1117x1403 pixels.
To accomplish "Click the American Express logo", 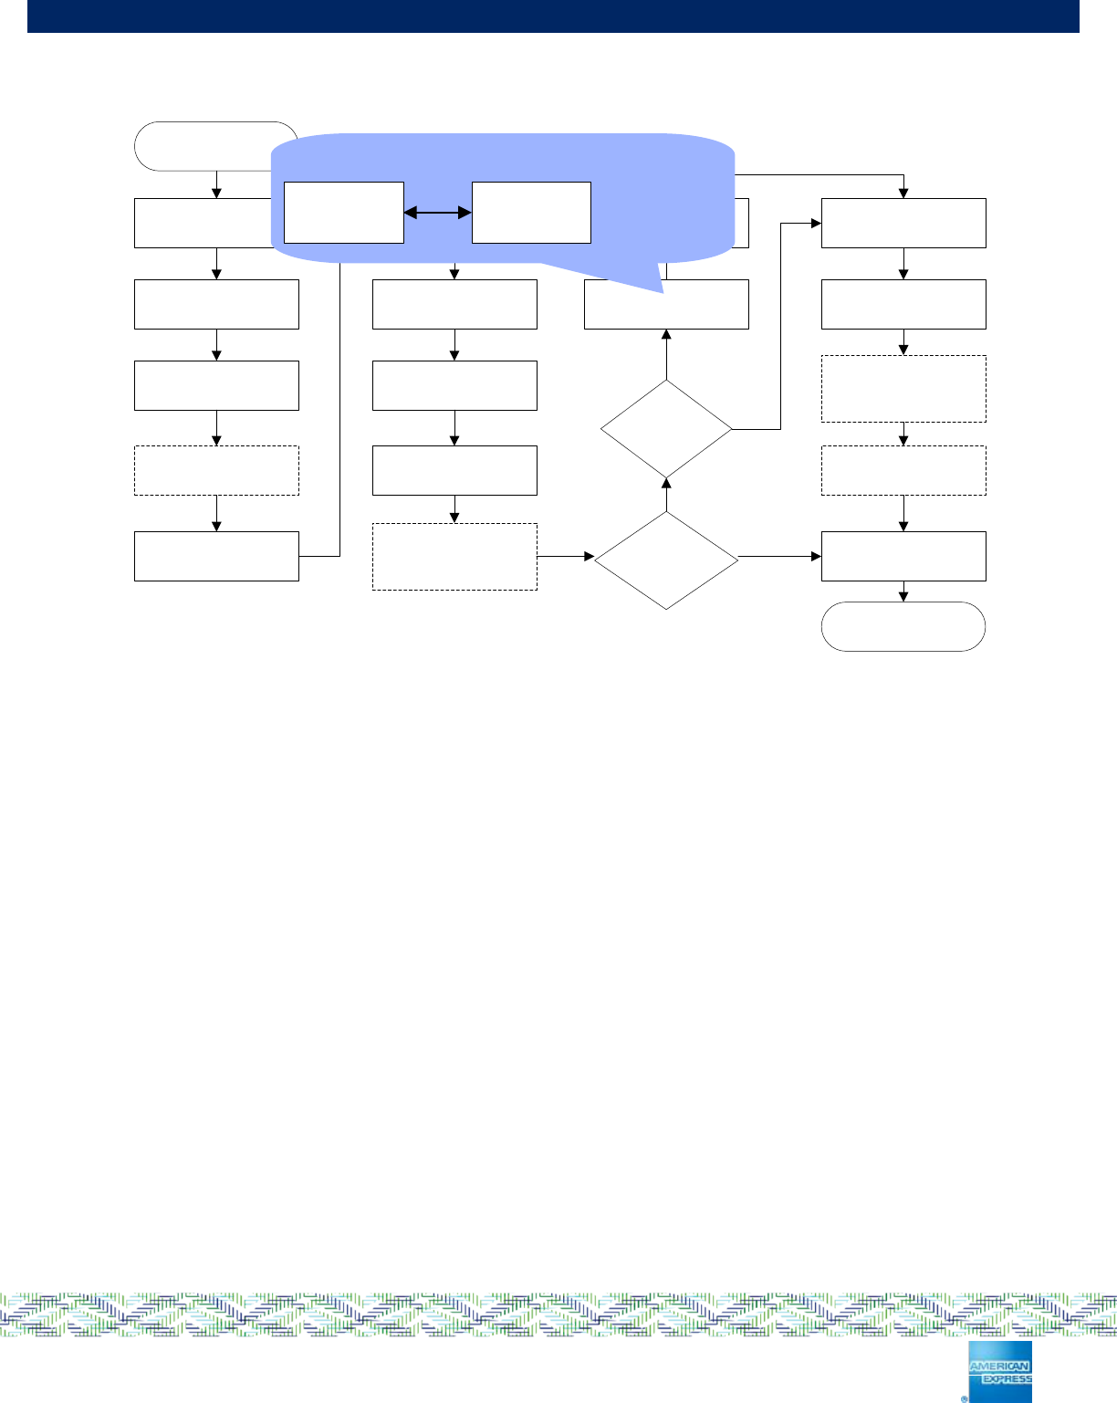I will (x=1000, y=1371).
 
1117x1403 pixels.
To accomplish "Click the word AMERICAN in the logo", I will (x=999, y=1366).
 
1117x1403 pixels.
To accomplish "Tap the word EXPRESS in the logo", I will (x=1007, y=1379).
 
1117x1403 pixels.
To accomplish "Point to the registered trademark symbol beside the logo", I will (x=964, y=1398).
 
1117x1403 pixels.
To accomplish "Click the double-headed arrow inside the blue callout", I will (x=437, y=213).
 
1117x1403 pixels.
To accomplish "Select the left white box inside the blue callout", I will (x=343, y=213).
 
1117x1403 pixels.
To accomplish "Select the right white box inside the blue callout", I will (x=531, y=213).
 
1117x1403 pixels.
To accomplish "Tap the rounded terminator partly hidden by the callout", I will (x=201, y=145).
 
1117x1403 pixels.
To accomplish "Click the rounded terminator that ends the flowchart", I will (x=903, y=626).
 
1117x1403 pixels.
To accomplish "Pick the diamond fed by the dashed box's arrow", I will (x=666, y=560).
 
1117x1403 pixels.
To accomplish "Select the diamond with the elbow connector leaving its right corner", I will (x=666, y=428).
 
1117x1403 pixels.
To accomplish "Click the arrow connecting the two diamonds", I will (x=666, y=494).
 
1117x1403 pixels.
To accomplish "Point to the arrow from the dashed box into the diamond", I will (x=566, y=556).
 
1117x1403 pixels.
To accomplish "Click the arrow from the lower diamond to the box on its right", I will (x=780, y=556).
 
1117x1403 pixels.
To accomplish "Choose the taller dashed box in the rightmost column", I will (x=903, y=389).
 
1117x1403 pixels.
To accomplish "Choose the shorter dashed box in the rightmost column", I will (x=903, y=470).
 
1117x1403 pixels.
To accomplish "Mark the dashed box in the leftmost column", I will (x=216, y=470).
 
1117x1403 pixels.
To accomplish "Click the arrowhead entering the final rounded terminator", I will (x=903, y=597).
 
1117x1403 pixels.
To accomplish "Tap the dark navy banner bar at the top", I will (x=553, y=16).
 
